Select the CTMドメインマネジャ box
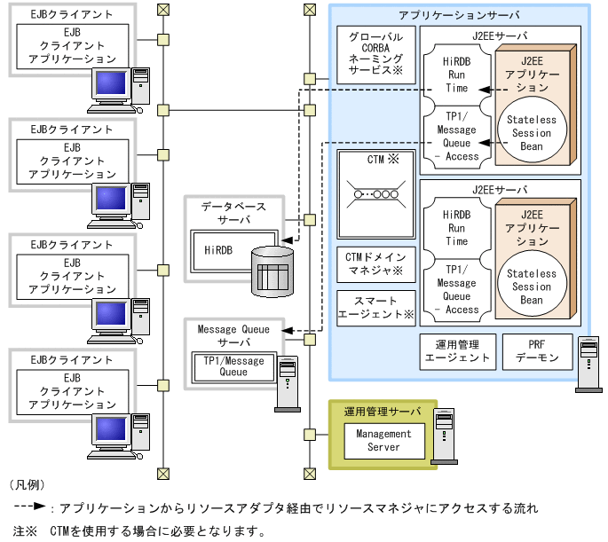pos(376,263)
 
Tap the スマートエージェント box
pos(376,307)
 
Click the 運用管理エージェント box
pos(455,351)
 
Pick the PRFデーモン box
pos(536,351)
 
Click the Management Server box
pos(383,440)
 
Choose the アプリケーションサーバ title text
pos(459,15)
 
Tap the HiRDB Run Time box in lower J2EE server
pos(456,228)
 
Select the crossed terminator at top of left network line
pos(162,10)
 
